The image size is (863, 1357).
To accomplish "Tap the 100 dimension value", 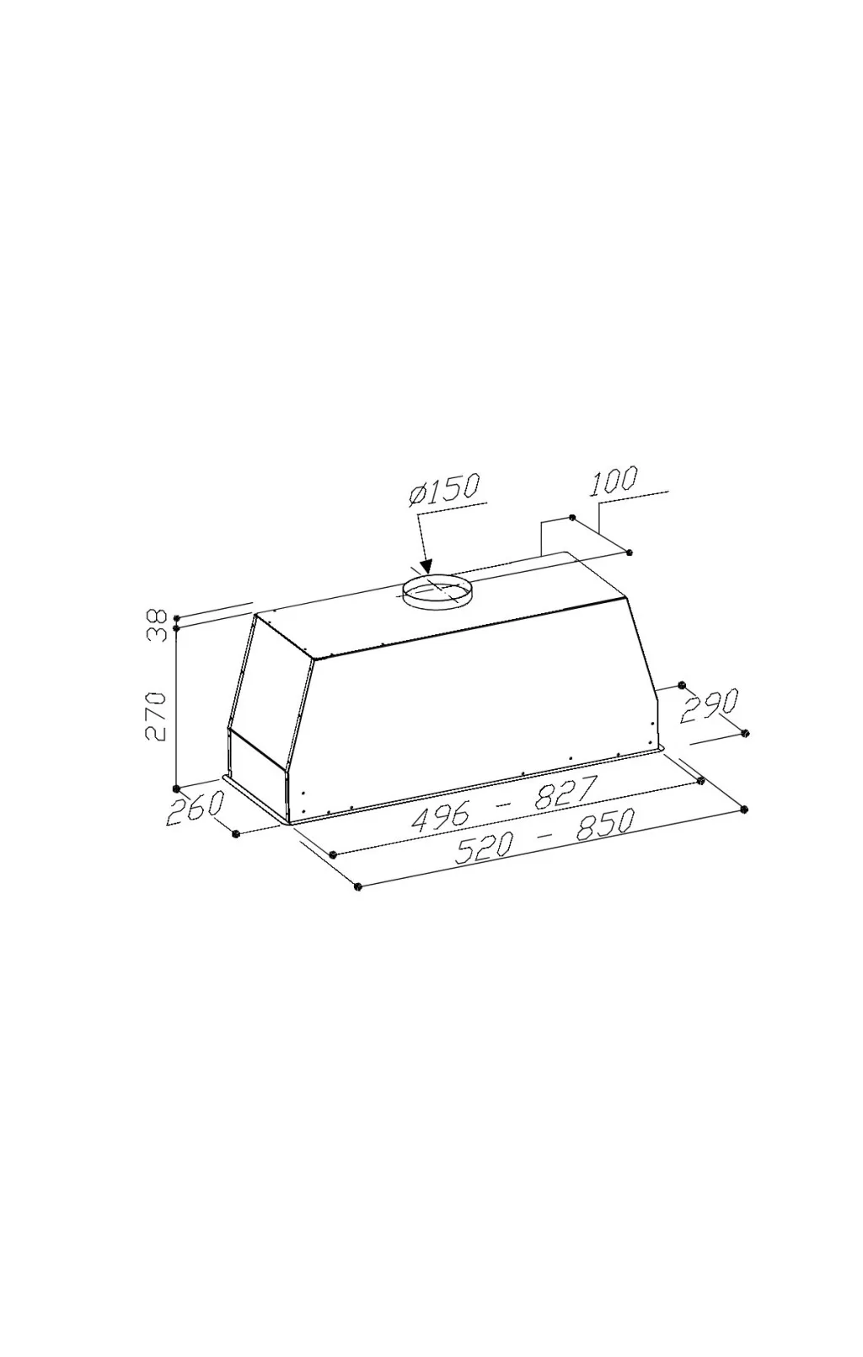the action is pyautogui.click(x=613, y=482).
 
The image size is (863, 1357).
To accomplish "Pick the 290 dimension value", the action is pyautogui.click(x=710, y=704).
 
